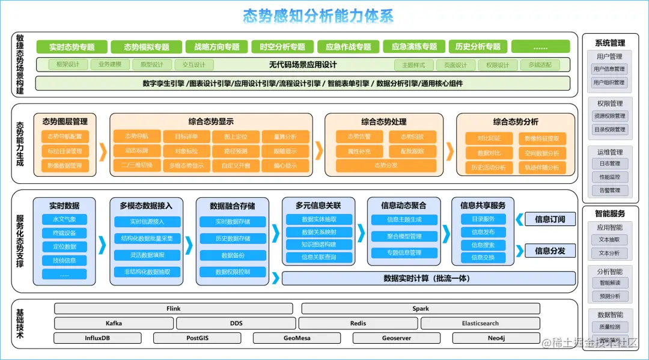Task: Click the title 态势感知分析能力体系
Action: tap(318, 16)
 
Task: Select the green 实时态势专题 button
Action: tap(72, 47)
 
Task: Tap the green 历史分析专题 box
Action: tap(478, 47)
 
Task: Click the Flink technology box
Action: tap(174, 309)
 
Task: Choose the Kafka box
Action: tap(114, 323)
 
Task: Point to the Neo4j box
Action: tap(496, 338)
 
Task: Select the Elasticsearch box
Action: tap(480, 323)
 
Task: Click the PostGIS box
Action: tap(198, 338)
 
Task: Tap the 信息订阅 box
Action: tap(550, 219)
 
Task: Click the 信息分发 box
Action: tap(550, 251)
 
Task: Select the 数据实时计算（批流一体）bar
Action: tap(427, 278)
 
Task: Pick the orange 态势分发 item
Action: tap(386, 166)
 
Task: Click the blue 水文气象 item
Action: tap(64, 219)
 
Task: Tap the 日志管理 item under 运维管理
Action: tap(609, 163)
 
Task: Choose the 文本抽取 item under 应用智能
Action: tap(609, 240)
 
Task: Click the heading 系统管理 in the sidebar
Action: tap(610, 43)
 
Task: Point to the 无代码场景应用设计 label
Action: tap(299, 65)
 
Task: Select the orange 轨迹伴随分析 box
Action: tap(541, 168)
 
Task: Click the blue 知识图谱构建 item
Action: tap(319, 245)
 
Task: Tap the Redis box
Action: tap(358, 323)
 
